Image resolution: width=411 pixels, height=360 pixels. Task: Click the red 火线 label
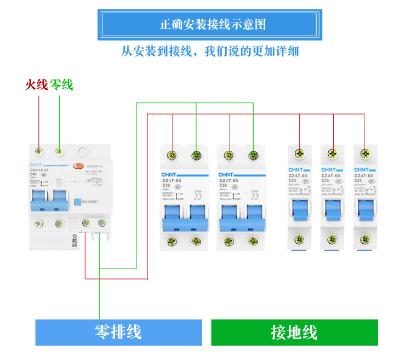(37, 85)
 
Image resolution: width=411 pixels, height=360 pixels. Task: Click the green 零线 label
(61, 85)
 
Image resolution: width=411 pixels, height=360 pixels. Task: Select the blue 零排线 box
(118, 332)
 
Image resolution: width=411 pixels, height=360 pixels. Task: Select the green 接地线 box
(294, 332)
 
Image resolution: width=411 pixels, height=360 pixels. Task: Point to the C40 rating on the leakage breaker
(33, 175)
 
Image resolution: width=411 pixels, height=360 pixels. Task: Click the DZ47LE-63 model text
(39, 170)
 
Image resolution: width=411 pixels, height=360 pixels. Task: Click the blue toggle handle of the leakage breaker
(49, 200)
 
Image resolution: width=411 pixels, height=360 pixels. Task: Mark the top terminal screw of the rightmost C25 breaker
(364, 154)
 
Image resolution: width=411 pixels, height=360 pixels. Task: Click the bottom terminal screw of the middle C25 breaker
(332, 239)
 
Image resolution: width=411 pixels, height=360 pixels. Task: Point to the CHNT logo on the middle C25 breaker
(329, 170)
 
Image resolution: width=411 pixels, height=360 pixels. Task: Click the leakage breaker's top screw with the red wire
(39, 150)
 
